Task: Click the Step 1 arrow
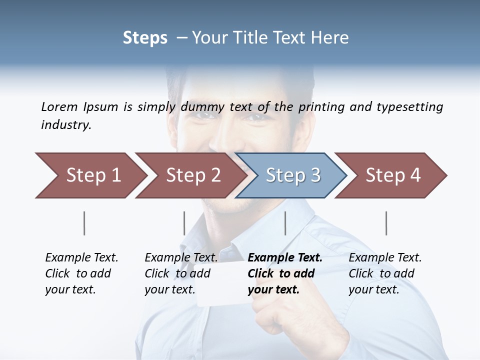(x=90, y=175)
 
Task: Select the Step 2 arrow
(x=190, y=175)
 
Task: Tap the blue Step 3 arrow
(x=291, y=175)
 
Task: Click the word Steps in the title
(x=145, y=38)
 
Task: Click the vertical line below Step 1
(x=84, y=223)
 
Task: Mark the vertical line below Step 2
(x=184, y=223)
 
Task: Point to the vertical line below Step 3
(x=285, y=223)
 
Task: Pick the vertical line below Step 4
(x=386, y=223)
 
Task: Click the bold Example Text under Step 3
(x=284, y=273)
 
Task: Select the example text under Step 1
(x=81, y=273)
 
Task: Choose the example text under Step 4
(x=384, y=273)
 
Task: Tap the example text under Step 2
(x=180, y=273)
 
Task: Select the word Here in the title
(x=329, y=38)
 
